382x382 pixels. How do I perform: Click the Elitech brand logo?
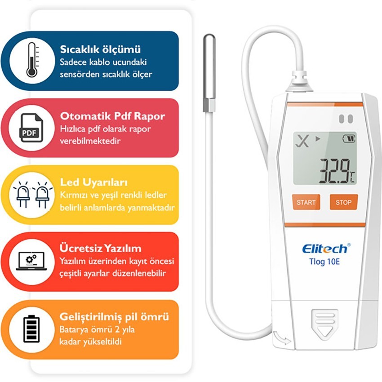pyautogui.click(x=326, y=249)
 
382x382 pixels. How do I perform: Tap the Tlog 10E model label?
pyautogui.click(x=324, y=262)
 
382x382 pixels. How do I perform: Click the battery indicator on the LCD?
pyautogui.click(x=349, y=138)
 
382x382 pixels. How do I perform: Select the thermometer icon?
pyautogui.click(x=32, y=60)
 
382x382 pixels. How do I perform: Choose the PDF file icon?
pyautogui.click(x=31, y=128)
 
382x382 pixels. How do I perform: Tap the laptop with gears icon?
pyautogui.click(x=31, y=261)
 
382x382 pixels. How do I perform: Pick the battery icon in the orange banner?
pyautogui.click(x=31, y=329)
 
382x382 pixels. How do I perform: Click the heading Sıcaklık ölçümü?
pyautogui.click(x=100, y=49)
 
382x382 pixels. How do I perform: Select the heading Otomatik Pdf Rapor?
pyautogui.click(x=112, y=116)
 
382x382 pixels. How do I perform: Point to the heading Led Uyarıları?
pyautogui.click(x=93, y=182)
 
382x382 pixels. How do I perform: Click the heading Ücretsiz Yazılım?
pyautogui.click(x=100, y=248)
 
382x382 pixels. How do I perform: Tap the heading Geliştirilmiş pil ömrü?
pyautogui.click(x=114, y=317)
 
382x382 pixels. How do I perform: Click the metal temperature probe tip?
pyautogui.click(x=209, y=73)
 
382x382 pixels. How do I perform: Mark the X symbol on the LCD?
pyautogui.click(x=302, y=141)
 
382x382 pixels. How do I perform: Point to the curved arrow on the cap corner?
pyautogui.click(x=282, y=338)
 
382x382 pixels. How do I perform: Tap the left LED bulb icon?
pyautogui.click(x=23, y=194)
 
